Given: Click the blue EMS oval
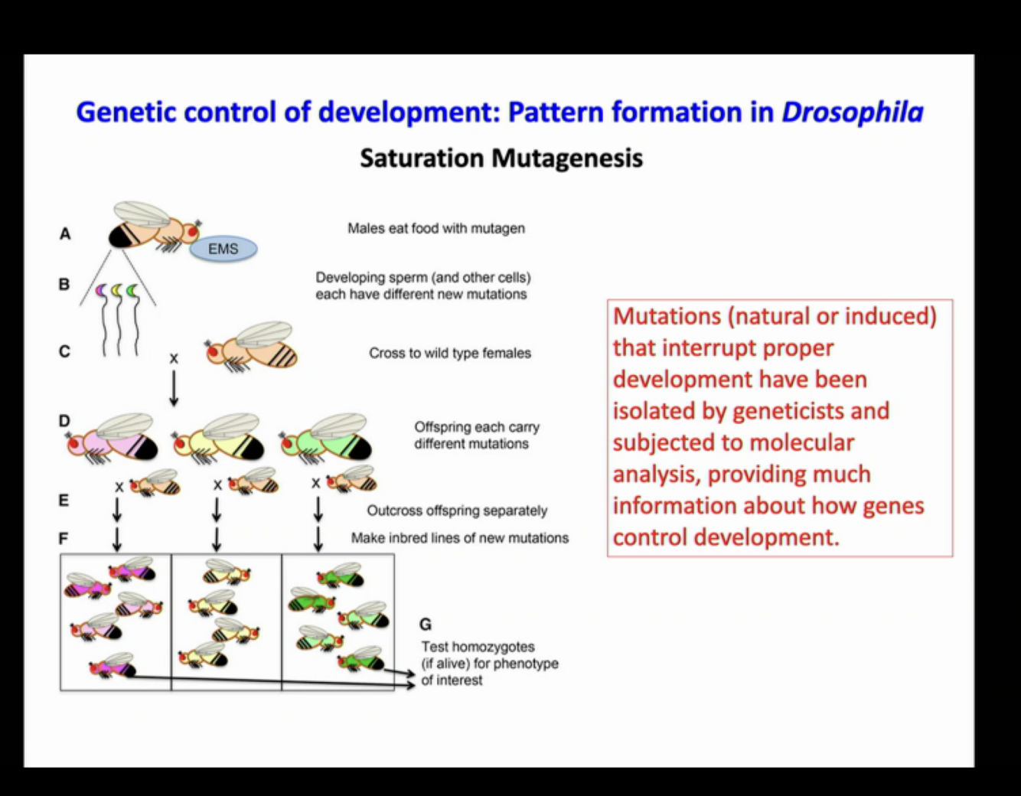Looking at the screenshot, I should (x=223, y=249).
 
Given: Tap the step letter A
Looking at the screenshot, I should (x=65, y=233).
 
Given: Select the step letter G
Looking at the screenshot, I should (x=426, y=625).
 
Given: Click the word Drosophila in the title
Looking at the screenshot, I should (x=852, y=113).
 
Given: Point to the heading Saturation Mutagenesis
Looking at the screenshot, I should (x=501, y=158).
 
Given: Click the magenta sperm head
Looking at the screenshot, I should (x=100, y=290).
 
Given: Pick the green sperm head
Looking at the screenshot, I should (x=132, y=291).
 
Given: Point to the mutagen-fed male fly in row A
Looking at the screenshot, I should (x=153, y=225).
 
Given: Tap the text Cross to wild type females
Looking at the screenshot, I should (x=450, y=353).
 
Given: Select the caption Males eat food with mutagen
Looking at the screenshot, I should (x=436, y=228).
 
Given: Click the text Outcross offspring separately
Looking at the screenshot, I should (x=457, y=511).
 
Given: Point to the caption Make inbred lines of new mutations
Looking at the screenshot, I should (x=460, y=538).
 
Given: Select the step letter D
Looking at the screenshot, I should (x=64, y=421).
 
